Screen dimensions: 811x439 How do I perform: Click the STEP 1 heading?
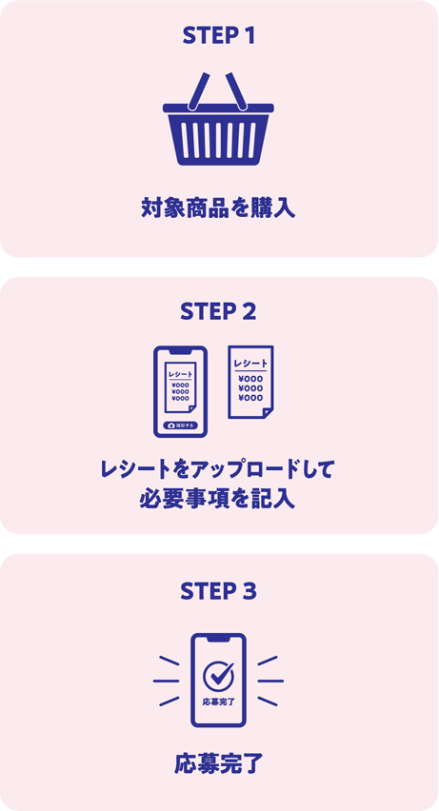pos(218,36)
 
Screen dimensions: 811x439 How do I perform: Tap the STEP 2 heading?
pos(218,311)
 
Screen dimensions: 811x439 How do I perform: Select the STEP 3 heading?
pos(218,590)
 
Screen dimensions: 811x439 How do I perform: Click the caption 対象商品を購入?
pos(218,208)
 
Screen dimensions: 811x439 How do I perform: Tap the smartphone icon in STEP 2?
pos(180,391)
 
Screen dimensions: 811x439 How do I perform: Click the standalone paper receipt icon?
pos(250,382)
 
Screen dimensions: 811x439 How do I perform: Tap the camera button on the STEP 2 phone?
pos(180,425)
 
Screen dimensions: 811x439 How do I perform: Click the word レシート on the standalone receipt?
pos(250,363)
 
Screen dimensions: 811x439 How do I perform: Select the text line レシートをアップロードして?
pos(218,469)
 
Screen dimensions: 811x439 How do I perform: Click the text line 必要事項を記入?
pos(218,499)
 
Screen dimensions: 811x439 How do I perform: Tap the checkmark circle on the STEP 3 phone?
pos(218,675)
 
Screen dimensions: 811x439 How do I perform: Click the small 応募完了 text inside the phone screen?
pos(218,702)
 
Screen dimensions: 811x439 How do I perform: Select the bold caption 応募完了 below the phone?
pos(218,763)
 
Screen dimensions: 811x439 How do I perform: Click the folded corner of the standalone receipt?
pos(268,411)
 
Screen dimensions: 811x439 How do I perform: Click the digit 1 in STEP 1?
pos(249,36)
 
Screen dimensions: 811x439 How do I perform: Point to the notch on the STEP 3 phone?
pos(218,639)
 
